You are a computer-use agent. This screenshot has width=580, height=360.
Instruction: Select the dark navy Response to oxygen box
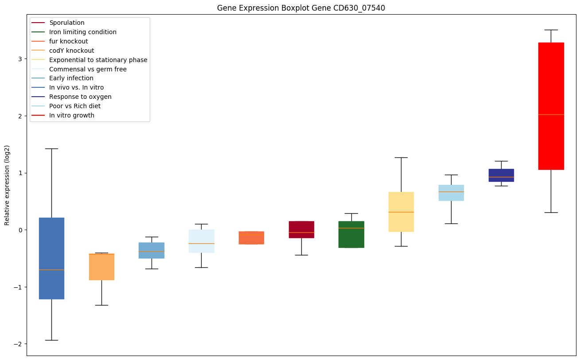tap(501, 175)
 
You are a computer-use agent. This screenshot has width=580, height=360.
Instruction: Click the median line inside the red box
tap(551, 114)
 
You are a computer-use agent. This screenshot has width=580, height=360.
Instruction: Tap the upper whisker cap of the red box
tap(551, 30)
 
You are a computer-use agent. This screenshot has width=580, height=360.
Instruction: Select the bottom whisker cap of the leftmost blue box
tap(51, 340)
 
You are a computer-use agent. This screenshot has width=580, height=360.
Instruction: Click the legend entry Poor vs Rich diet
tap(75, 106)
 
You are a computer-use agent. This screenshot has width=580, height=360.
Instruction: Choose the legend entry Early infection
tap(71, 78)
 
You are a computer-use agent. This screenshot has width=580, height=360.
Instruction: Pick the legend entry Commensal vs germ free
tap(88, 69)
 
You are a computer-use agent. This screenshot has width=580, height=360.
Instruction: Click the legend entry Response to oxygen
tap(80, 97)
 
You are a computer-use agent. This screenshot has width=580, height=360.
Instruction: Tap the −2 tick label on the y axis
tap(18, 344)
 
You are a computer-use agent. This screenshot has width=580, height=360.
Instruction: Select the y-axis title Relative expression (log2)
tap(7, 185)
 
